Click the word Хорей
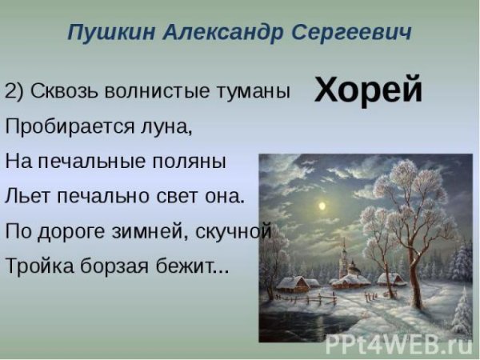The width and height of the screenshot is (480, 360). click(x=368, y=90)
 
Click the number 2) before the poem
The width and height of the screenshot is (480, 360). click(x=14, y=91)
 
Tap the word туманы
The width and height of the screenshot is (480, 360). click(x=254, y=91)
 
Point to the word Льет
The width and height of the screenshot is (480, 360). click(x=24, y=196)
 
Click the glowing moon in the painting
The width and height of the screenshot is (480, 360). click(x=322, y=206)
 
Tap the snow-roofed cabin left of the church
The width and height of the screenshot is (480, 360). click(x=292, y=282)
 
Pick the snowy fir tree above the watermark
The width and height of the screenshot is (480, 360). click(x=462, y=308)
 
